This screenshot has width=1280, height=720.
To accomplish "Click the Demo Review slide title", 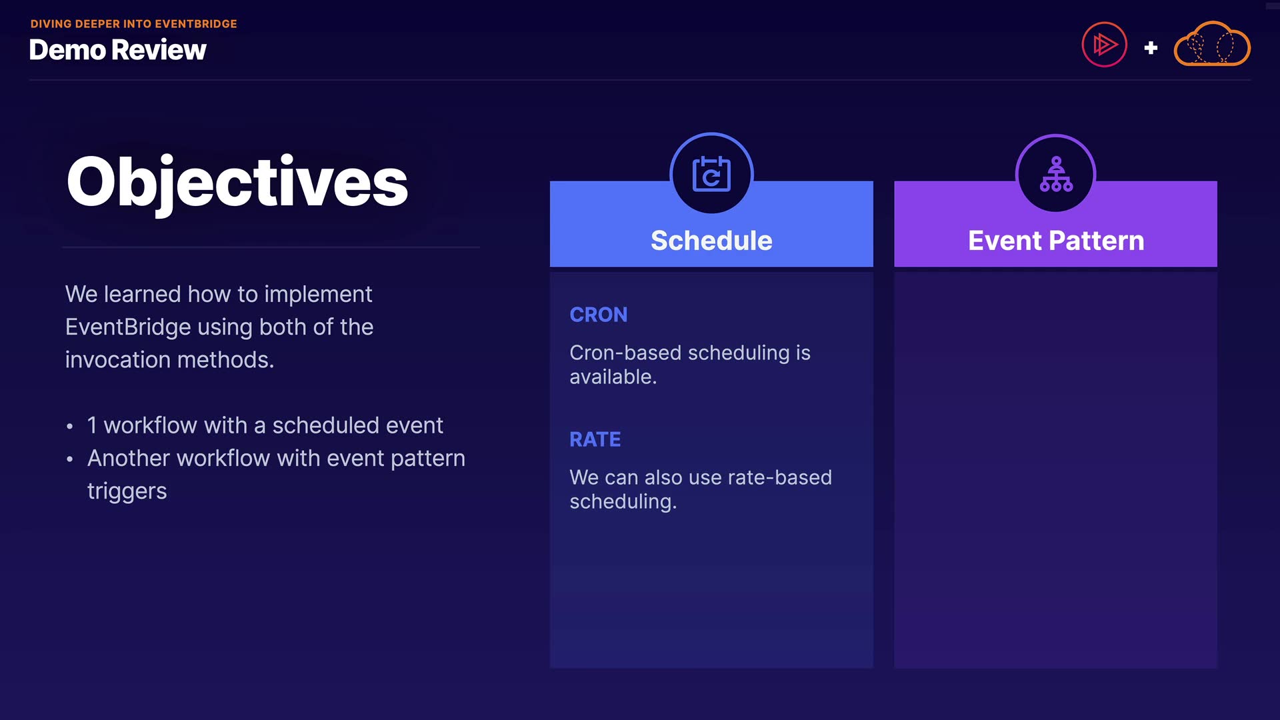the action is coord(118,50).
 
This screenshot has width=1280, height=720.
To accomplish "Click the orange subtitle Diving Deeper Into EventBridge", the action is coord(134,24).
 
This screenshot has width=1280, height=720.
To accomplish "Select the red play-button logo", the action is coord(1104,45).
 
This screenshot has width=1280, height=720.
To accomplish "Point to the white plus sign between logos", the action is coord(1151,48).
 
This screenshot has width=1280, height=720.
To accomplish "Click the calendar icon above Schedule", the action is coord(711,175).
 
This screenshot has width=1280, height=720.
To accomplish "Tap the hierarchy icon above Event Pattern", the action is coord(1056,174).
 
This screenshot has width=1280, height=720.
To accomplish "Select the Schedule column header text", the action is coord(711,241).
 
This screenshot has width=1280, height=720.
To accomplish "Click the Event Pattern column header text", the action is coord(1056,241).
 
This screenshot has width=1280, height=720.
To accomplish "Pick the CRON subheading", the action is coord(599,315).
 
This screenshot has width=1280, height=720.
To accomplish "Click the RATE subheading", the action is coord(595,439).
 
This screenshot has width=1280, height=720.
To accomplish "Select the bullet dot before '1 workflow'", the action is coord(70,427).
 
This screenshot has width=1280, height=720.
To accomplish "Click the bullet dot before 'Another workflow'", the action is coord(70,459).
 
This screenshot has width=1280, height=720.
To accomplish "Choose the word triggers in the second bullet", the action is coord(127,492).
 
